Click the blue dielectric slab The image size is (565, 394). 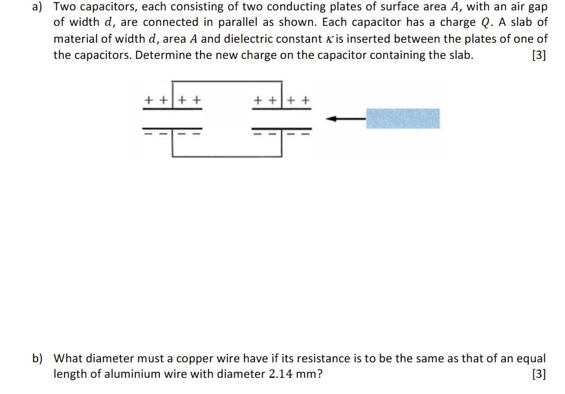[x=403, y=118]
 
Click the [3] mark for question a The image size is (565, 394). [x=538, y=55]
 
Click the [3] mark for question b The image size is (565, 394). [x=538, y=373]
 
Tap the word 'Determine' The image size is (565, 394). [x=164, y=55]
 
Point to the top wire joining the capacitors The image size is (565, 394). [x=227, y=82]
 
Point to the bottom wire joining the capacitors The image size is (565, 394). [x=227, y=156]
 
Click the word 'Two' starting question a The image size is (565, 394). [x=65, y=7]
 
